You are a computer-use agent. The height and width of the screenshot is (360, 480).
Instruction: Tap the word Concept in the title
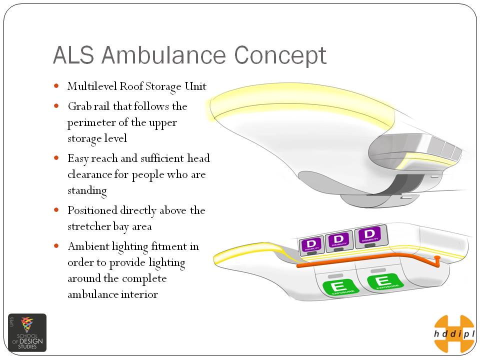click(x=280, y=55)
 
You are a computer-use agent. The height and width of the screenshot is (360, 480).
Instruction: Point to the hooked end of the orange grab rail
click(x=437, y=258)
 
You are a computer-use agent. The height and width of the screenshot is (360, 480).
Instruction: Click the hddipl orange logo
click(x=453, y=333)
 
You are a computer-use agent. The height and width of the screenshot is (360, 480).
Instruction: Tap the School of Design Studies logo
click(x=27, y=332)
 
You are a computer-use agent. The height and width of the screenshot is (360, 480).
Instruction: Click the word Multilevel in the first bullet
click(x=92, y=86)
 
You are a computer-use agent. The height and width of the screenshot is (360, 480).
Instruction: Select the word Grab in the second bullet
click(x=78, y=106)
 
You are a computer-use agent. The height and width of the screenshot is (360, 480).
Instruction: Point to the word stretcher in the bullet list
click(x=88, y=226)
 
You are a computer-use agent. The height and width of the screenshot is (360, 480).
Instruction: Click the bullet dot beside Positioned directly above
click(x=56, y=210)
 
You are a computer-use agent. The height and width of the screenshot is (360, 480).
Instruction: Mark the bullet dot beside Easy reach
click(x=56, y=158)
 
